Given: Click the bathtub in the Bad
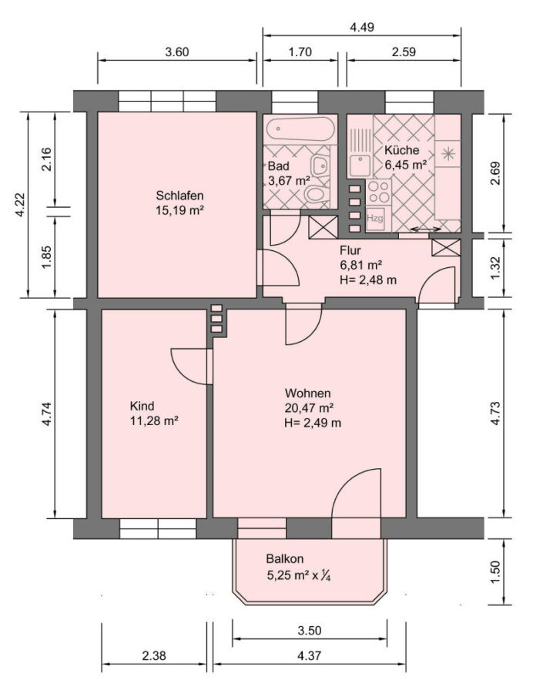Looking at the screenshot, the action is tap(300, 129).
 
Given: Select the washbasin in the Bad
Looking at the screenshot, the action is tap(320, 166).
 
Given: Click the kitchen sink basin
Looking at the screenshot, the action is tap(360, 166).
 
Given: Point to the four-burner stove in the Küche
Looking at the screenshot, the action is tap(378, 192).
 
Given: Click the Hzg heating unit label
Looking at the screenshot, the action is tap(375, 218).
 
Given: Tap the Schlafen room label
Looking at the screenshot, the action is tap(179, 196).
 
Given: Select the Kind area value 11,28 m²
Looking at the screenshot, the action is tap(154, 420).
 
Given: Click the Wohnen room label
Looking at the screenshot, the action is tap(307, 393).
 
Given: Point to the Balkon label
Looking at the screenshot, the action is tap(285, 559).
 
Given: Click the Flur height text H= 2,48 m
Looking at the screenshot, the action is tap(368, 280).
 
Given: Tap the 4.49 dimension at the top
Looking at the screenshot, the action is tap(362, 28).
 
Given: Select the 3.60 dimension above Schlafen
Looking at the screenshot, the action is tap(177, 52).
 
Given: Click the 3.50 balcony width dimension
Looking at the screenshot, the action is tap(310, 630).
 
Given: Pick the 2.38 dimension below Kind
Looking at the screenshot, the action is tap(154, 655).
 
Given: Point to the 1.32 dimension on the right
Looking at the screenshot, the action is tap(495, 268).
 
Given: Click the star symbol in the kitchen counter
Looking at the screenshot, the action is tap(448, 153).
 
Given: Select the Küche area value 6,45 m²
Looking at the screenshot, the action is tap(405, 165).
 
